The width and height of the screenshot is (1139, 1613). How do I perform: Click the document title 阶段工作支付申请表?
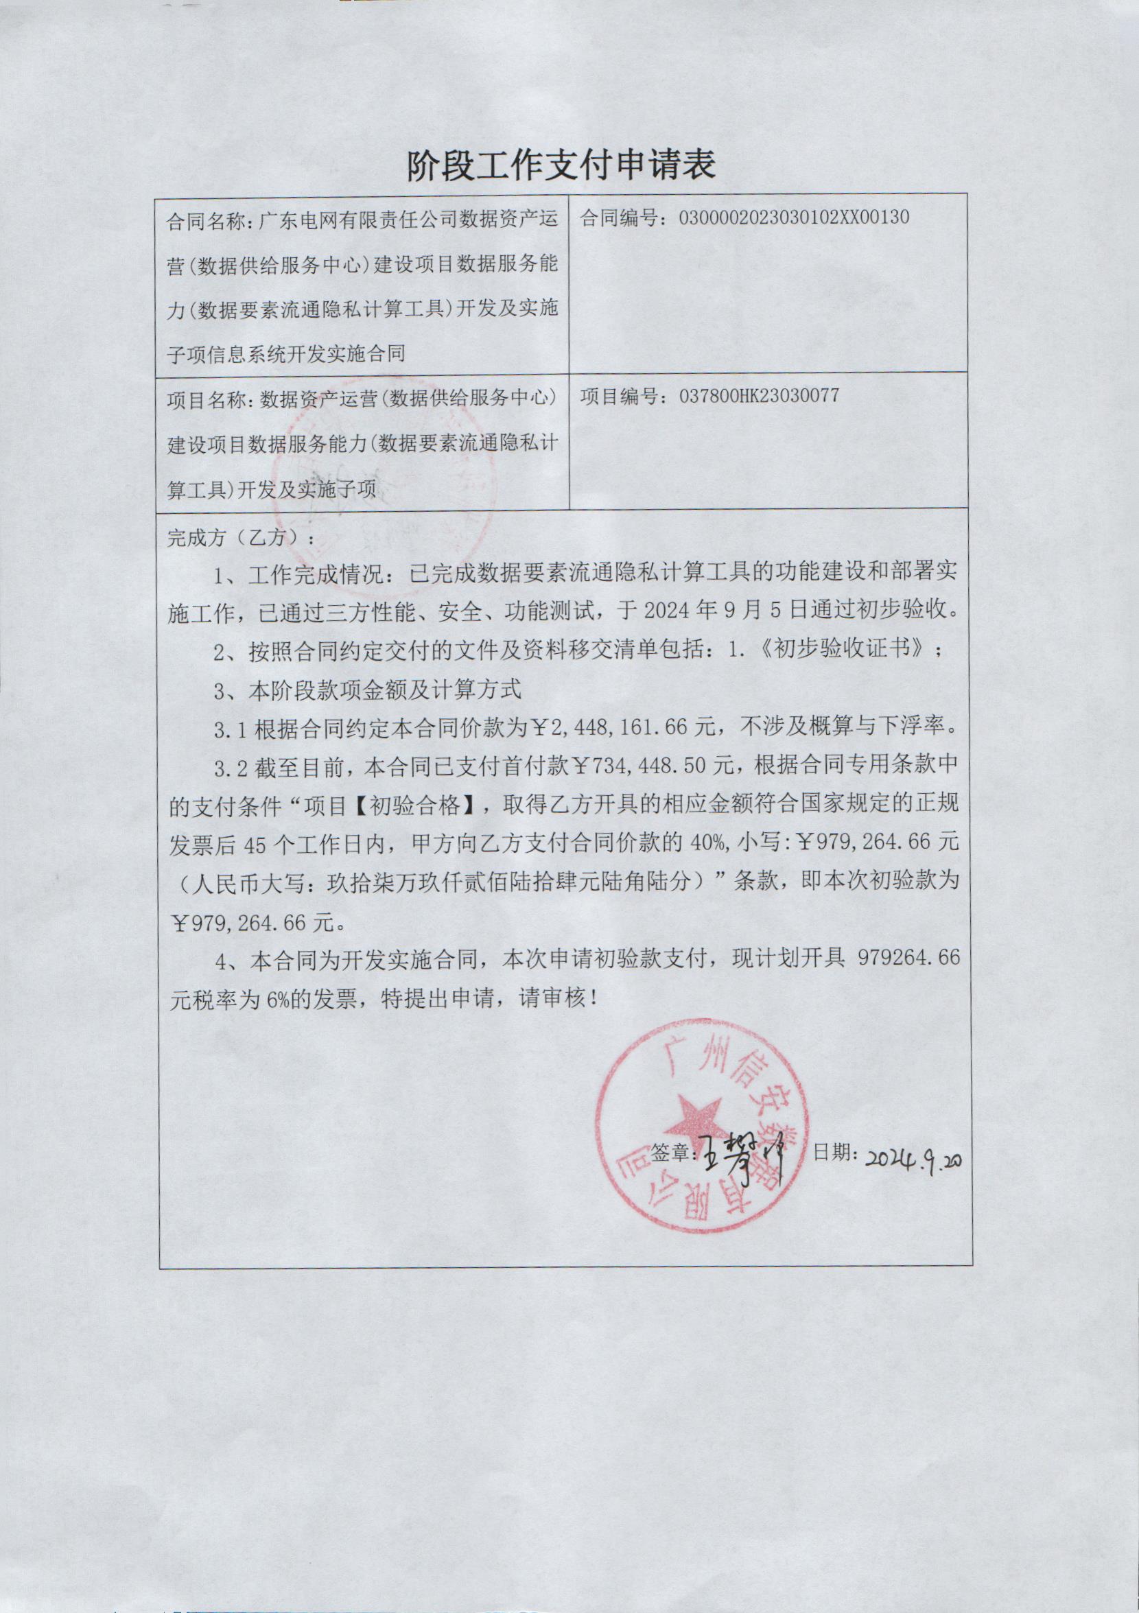561,165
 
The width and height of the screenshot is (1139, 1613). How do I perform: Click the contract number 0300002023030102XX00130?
794,217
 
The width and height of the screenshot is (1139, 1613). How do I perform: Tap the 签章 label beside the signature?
672,1153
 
